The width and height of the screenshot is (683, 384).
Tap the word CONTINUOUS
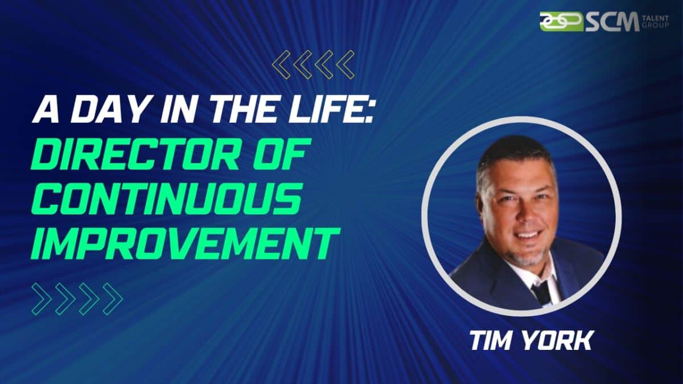click(x=166, y=196)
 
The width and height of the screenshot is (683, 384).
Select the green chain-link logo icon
click(x=561, y=21)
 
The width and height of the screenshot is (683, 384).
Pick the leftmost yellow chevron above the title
click(x=282, y=64)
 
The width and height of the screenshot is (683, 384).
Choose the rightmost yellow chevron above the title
click(x=345, y=64)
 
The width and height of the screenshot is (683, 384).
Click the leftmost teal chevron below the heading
click(x=42, y=299)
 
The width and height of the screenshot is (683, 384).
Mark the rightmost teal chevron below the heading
click(x=112, y=299)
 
